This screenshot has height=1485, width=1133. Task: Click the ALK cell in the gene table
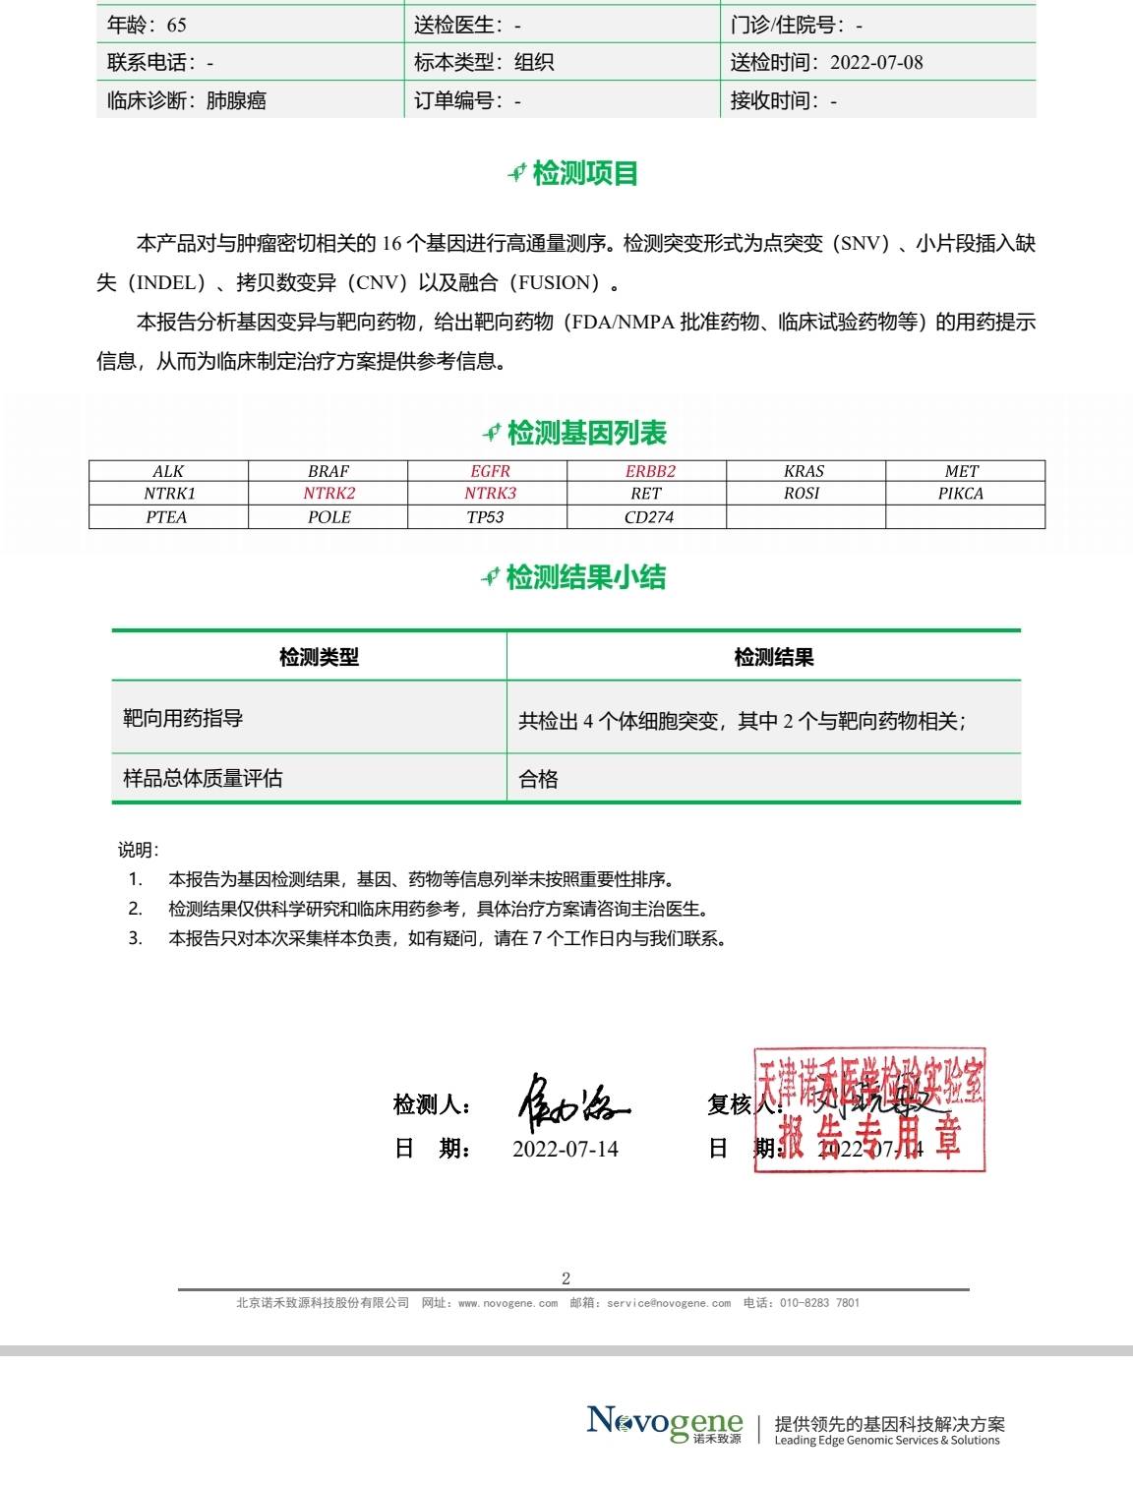point(168,471)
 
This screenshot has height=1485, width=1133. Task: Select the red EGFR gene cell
point(490,471)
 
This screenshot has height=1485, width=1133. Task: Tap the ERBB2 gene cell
point(650,471)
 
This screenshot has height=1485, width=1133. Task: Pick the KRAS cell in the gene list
point(805,471)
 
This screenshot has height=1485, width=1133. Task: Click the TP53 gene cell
point(486,517)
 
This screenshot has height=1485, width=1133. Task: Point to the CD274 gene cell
point(649,517)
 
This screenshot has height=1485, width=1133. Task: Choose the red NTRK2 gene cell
point(328,494)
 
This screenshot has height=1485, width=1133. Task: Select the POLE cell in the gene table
point(328,517)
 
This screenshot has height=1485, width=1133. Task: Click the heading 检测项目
point(585,174)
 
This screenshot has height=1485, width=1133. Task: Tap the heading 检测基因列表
point(587,433)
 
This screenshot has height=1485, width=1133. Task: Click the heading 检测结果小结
point(585,577)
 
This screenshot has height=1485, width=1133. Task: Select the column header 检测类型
point(319,657)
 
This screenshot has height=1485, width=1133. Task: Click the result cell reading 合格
point(539,779)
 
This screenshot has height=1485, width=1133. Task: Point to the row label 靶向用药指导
point(183,718)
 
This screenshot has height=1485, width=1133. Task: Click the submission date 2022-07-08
point(876,62)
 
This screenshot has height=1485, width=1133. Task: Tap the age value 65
point(176,25)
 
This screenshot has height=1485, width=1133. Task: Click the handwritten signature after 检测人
point(572,1103)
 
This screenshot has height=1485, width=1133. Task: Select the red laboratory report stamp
point(869,1110)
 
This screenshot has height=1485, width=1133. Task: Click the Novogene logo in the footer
point(665,1423)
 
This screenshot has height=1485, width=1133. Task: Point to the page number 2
point(566,1278)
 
